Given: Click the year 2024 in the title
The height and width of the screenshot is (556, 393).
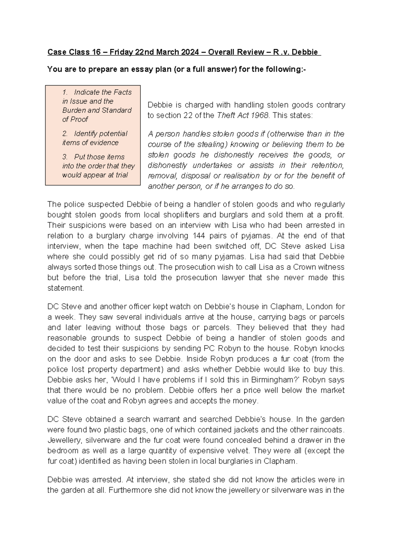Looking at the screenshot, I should (188, 52).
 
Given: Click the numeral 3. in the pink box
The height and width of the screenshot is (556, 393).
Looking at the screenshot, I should (65, 157).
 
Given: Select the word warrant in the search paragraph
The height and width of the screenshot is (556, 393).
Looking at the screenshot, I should (164, 419).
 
